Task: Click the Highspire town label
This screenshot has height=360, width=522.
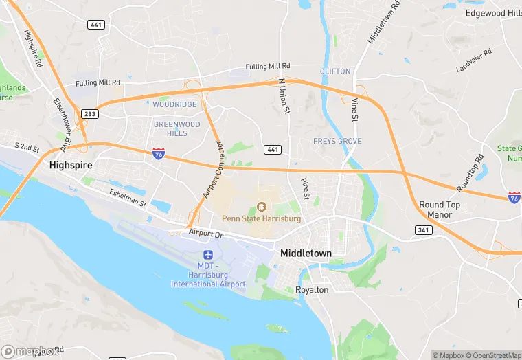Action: tap(71, 166)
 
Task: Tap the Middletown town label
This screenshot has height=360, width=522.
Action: tap(306, 254)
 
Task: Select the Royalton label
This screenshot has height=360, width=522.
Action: tap(312, 290)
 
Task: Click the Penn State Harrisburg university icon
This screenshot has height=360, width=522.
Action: tap(261, 206)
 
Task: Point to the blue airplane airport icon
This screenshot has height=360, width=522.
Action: tap(207, 255)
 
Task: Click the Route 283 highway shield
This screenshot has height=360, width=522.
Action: tap(89, 114)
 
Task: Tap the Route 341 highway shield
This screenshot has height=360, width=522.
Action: tap(424, 229)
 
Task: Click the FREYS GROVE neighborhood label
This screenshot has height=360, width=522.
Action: tap(337, 142)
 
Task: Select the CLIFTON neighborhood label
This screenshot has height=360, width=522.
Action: tap(335, 71)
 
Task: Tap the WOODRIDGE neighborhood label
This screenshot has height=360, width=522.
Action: tap(174, 104)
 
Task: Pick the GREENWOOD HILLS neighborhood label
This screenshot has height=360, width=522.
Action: tap(177, 129)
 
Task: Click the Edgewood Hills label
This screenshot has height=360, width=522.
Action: tap(493, 13)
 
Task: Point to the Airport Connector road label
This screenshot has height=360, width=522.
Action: tap(213, 170)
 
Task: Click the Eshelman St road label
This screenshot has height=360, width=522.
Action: tap(128, 199)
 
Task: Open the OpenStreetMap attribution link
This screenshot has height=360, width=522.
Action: tap(490, 355)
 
